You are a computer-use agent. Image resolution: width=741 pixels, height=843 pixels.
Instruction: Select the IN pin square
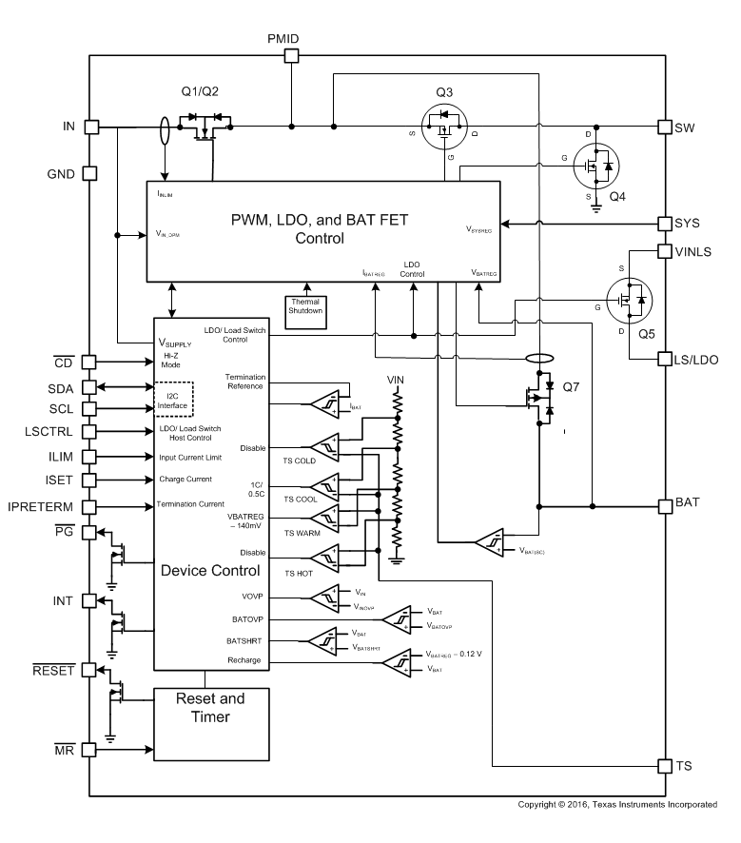click(x=91, y=127)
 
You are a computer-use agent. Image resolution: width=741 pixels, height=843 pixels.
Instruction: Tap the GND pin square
click(x=91, y=173)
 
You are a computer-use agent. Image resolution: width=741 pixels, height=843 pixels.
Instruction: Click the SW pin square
click(x=665, y=127)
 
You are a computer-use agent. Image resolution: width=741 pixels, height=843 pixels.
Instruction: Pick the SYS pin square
click(x=665, y=224)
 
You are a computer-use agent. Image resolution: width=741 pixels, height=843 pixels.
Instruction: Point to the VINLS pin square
click(x=665, y=251)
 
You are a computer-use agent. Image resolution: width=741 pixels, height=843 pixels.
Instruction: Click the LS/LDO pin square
click(x=665, y=359)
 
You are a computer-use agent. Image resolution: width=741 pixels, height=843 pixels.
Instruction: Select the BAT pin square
click(x=665, y=505)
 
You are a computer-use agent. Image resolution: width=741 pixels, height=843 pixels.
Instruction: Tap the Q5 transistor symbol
click(x=628, y=299)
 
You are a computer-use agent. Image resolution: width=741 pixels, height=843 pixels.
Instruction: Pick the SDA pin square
click(x=91, y=387)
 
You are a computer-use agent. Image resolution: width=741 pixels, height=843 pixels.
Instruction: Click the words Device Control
click(x=209, y=571)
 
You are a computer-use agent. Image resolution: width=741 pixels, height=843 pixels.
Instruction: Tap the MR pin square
click(x=91, y=750)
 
